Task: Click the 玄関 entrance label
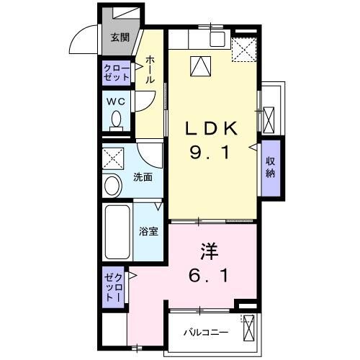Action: (120, 38)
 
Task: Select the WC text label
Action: (117, 102)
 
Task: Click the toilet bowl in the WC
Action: (117, 121)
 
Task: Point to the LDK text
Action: (212, 129)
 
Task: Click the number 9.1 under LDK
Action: (212, 153)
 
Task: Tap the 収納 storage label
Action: (271, 167)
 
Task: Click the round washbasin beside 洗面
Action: (112, 186)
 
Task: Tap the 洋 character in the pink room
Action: (209, 252)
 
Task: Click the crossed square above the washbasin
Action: (112, 158)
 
